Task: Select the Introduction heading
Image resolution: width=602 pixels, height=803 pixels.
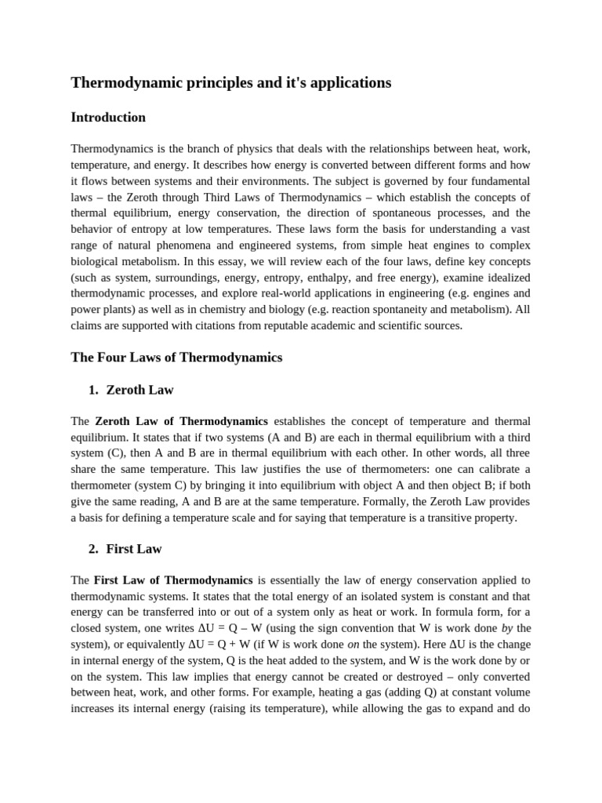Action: [108, 118]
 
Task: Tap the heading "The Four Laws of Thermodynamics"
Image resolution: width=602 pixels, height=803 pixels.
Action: [176, 358]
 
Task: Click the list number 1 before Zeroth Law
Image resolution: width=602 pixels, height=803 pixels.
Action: [92, 390]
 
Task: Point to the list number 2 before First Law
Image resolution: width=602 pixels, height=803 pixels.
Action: [92, 549]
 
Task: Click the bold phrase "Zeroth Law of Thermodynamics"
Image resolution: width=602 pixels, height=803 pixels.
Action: [182, 421]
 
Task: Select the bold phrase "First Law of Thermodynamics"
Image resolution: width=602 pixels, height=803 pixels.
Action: [172, 580]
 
